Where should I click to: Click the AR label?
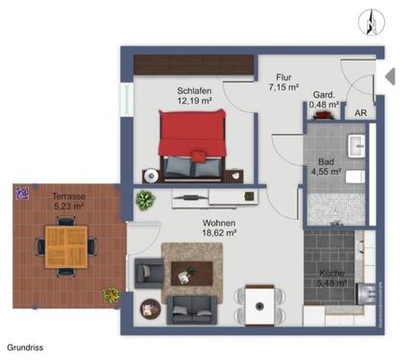tap(359, 112)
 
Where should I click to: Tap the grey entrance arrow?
tap(390, 76)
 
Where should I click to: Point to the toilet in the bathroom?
tap(352, 179)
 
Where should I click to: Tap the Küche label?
tap(332, 275)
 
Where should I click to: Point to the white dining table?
tap(259, 303)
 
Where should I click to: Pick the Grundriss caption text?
tap(26, 348)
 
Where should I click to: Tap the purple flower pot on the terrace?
tap(20, 192)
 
